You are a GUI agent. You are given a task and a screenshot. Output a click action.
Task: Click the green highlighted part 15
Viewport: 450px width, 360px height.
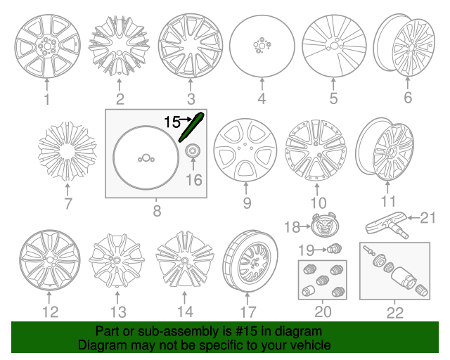(191, 127)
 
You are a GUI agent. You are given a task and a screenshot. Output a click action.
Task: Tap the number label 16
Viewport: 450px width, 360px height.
(194, 180)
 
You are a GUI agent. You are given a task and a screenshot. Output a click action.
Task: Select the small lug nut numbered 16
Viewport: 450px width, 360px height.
(193, 150)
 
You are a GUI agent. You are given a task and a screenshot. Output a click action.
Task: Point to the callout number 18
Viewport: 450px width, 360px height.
(292, 227)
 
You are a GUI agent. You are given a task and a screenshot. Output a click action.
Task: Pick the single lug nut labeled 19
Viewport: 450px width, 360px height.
(335, 248)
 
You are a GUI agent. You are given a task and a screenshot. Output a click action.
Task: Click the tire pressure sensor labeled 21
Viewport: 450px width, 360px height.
(387, 225)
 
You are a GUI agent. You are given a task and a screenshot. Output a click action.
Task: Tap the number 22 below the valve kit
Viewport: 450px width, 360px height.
(395, 313)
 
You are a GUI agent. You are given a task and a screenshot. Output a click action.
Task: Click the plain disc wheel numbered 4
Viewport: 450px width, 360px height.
(262, 46)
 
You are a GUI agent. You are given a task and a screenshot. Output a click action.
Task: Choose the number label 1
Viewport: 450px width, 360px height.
(47, 99)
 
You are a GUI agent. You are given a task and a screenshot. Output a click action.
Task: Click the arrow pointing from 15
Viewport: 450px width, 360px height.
(186, 119)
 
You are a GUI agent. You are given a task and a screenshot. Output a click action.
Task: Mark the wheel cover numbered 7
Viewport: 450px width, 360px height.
(67, 151)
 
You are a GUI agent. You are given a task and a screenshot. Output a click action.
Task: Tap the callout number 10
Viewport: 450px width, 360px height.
(319, 203)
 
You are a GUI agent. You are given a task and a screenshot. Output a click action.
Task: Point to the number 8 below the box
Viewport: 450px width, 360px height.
(157, 211)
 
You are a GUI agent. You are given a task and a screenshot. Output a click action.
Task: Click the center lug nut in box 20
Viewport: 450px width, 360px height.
(323, 280)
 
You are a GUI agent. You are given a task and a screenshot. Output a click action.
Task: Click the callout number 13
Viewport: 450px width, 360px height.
(118, 312)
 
